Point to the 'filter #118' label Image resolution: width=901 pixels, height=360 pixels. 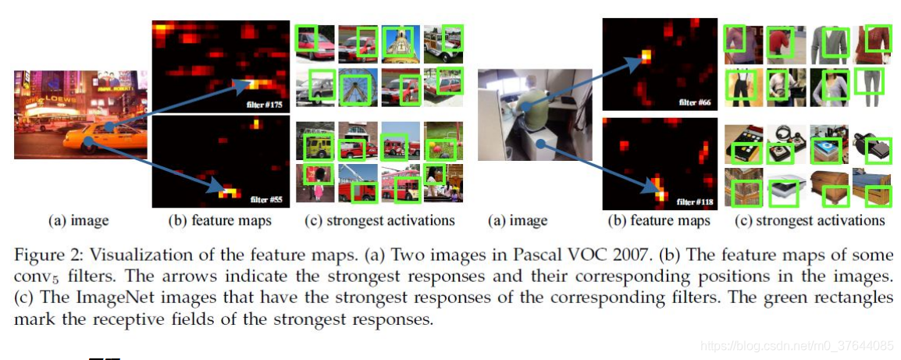(x=695, y=201)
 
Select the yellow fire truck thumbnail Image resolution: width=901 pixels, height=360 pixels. (x=315, y=144)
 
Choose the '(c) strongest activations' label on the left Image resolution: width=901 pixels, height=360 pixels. (x=379, y=220)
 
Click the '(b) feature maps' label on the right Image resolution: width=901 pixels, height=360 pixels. (x=659, y=220)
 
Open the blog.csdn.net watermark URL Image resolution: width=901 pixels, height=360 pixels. (x=796, y=345)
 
